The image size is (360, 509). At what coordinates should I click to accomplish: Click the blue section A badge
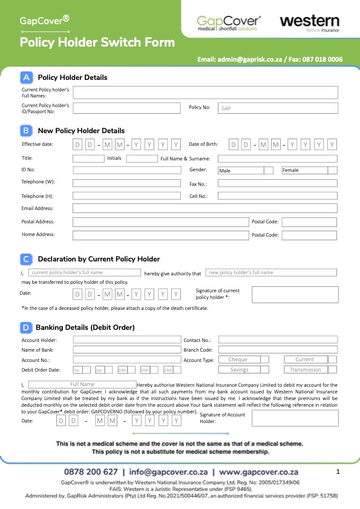(x=27, y=77)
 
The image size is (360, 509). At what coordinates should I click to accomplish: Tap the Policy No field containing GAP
(x=278, y=108)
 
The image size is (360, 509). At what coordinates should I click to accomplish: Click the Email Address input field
(x=205, y=208)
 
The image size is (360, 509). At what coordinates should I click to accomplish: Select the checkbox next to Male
(x=269, y=170)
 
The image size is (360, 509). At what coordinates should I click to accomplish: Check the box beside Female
(x=332, y=170)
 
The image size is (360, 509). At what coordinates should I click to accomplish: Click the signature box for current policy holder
(x=294, y=294)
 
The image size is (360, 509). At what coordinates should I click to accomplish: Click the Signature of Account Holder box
(x=294, y=418)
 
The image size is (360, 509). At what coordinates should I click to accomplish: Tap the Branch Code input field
(x=278, y=349)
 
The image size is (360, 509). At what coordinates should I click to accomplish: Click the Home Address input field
(x=160, y=235)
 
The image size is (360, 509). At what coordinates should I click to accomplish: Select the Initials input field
(x=142, y=159)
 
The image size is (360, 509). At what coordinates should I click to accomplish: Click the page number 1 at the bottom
(x=338, y=471)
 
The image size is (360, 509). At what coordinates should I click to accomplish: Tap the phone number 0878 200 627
(x=91, y=471)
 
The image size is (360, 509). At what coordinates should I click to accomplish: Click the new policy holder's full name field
(x=270, y=272)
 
